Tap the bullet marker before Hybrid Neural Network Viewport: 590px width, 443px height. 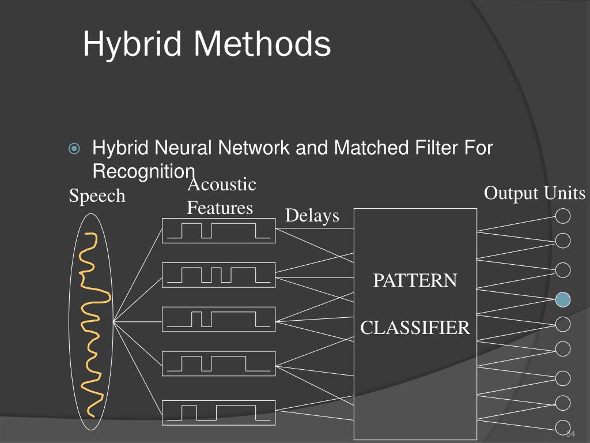point(74,149)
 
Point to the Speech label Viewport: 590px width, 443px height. point(97,196)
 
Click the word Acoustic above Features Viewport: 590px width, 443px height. point(222,185)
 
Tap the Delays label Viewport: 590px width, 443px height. point(312,216)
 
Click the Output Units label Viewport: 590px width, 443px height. point(534,193)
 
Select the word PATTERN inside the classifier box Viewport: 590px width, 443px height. point(415,281)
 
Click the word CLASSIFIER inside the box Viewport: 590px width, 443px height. point(415,328)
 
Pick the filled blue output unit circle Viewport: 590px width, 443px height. point(563,299)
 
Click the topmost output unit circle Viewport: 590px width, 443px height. point(563,216)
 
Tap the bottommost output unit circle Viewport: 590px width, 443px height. point(563,427)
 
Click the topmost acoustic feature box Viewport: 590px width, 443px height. point(218,231)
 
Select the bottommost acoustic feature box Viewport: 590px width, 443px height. point(218,412)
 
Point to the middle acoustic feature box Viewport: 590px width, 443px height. point(218,319)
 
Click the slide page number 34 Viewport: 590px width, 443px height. point(572,434)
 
